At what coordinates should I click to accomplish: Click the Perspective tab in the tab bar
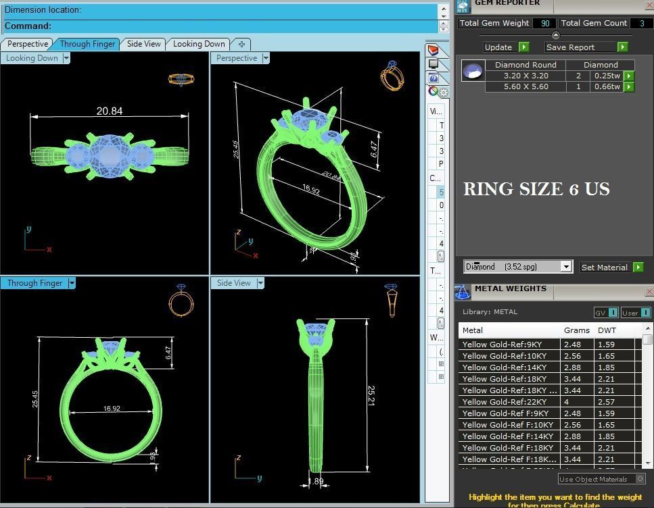(x=28, y=44)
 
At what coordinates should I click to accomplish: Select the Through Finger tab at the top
(x=87, y=44)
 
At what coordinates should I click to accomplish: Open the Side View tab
(x=144, y=44)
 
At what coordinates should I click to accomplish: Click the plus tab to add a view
(x=241, y=44)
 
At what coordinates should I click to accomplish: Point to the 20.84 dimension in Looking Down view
(x=109, y=111)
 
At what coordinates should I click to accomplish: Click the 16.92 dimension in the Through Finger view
(x=112, y=409)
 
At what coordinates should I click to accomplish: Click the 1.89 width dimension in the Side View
(x=317, y=482)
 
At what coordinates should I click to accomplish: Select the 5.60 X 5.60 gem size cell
(x=525, y=86)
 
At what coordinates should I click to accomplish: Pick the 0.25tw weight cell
(x=607, y=76)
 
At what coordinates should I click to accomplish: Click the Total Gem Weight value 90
(x=544, y=23)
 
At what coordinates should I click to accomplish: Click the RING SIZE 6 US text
(x=536, y=190)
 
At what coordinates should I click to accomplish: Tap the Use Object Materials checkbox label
(x=593, y=479)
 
